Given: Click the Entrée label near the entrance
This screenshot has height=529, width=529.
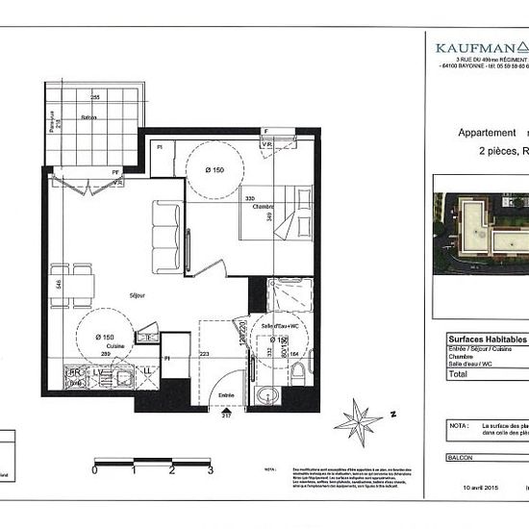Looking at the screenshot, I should (227, 393).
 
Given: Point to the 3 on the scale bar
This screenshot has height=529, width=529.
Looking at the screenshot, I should (210, 471).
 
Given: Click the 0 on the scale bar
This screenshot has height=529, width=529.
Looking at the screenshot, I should (94, 471).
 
